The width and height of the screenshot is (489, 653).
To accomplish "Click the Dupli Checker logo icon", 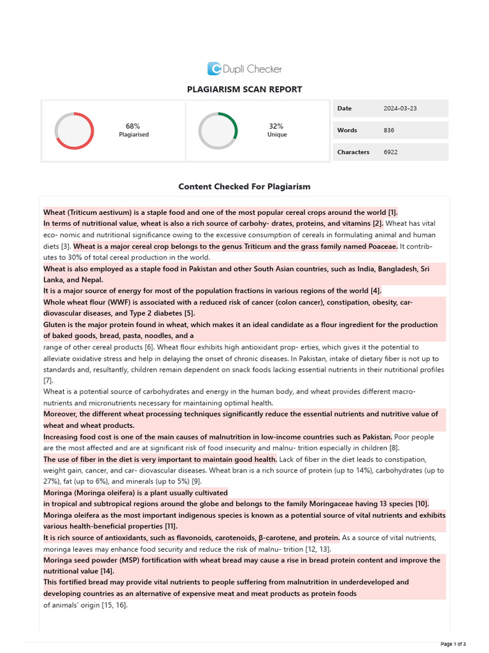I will (214, 69).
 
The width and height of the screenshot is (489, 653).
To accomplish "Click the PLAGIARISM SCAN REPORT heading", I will (244, 90).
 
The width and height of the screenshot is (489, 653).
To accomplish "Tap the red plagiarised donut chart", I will (74, 131).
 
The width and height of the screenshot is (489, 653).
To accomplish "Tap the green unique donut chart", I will (218, 131).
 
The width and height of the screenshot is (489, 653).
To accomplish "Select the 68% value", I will (133, 126).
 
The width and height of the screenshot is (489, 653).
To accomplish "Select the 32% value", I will (276, 126).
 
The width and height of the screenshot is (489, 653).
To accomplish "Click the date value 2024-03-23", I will (400, 108).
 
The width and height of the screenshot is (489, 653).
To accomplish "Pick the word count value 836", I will (389, 130).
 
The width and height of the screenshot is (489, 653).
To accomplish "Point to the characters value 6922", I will (391, 152).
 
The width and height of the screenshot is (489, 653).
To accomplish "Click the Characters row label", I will (353, 152).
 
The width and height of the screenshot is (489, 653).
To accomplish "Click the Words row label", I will (347, 130).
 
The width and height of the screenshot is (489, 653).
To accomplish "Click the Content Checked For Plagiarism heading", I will (244, 187).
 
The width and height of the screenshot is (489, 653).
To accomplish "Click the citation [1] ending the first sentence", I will (392, 212).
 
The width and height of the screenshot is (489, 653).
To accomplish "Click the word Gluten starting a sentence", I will (55, 325).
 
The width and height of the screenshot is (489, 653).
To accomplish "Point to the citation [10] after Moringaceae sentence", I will (422, 504).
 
